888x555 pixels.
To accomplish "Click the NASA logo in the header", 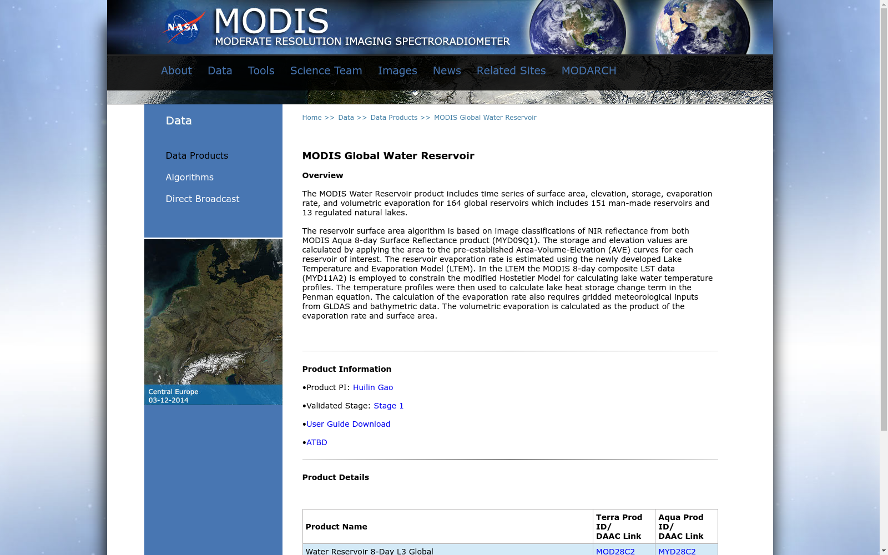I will click(x=183, y=27).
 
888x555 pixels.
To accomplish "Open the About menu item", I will click(x=176, y=71).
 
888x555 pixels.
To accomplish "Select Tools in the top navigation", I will click(x=261, y=71).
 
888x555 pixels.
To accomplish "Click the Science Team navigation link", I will click(x=326, y=71).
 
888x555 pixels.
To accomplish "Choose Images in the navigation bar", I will click(x=397, y=71).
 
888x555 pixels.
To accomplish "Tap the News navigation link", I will click(x=447, y=71).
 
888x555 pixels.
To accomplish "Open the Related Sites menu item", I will click(x=511, y=71).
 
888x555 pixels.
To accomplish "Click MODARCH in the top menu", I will click(x=589, y=71).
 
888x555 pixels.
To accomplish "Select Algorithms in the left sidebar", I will click(x=189, y=178).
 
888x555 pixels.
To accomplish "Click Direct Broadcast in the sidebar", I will click(x=202, y=199).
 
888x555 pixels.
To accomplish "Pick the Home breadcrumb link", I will click(x=312, y=118).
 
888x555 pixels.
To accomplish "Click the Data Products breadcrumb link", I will click(x=394, y=118).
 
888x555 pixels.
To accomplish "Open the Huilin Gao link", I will click(x=373, y=388).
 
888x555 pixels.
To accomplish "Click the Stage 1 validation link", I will click(x=389, y=406).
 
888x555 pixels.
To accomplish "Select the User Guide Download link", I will click(x=348, y=425).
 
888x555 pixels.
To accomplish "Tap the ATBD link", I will click(x=317, y=443).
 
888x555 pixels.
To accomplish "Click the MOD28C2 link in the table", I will click(x=615, y=551).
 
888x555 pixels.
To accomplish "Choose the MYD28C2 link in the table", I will click(x=677, y=551).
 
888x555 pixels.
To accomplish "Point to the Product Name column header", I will click(x=336, y=527).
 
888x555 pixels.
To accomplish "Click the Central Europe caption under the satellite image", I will click(x=173, y=392).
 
